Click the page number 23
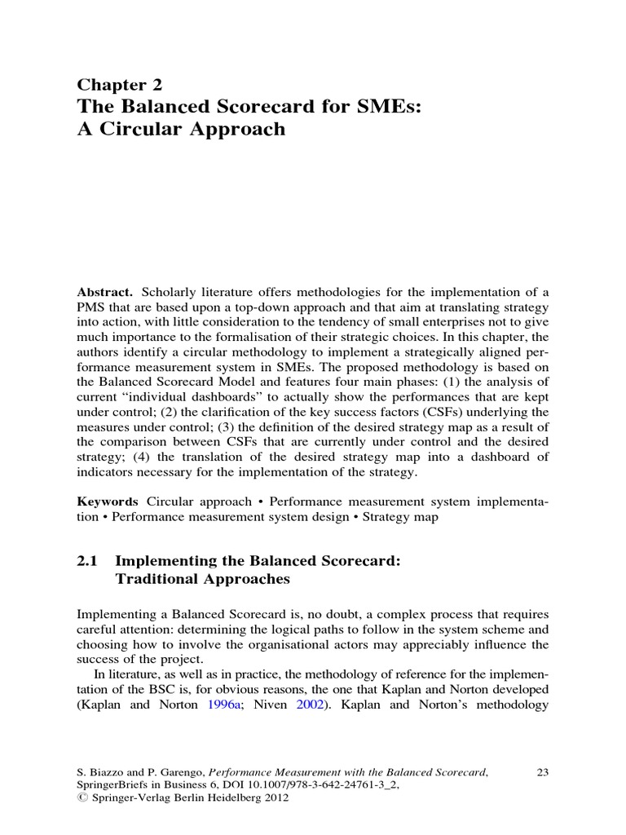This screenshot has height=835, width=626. pyautogui.click(x=541, y=771)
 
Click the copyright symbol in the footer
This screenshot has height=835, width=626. pyautogui.click(x=82, y=800)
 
